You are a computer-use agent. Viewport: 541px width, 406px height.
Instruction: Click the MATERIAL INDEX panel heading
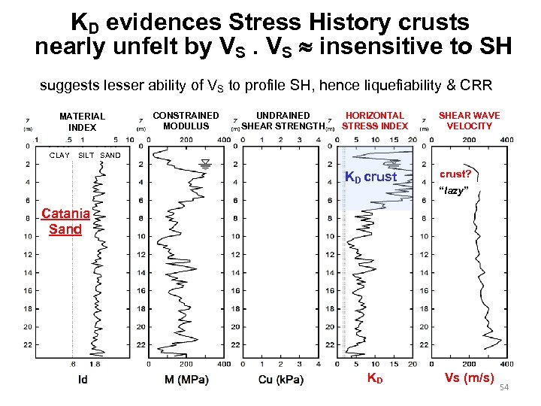pos(82,122)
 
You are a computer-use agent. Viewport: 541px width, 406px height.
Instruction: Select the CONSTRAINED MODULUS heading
pos(186,120)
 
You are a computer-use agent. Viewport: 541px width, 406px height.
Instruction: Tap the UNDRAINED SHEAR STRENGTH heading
pos(283,120)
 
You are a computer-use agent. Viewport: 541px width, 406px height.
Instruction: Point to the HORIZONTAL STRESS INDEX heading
pos(375,120)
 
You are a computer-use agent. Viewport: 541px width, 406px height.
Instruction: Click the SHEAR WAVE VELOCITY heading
pos(469,120)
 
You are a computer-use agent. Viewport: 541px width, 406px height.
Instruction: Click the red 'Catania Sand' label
pos(65,221)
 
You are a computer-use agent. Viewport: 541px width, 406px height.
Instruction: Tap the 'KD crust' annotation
pos(370,177)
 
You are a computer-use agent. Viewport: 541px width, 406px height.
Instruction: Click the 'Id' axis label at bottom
pos(83,380)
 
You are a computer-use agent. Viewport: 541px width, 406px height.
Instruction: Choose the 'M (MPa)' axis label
pos(186,380)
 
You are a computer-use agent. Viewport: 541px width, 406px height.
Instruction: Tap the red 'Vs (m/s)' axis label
pos(469,377)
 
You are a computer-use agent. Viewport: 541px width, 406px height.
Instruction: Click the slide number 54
pos(505,386)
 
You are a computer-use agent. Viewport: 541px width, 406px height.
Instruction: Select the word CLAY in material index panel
pos(59,156)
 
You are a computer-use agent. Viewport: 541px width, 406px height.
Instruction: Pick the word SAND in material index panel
pos(110,156)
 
